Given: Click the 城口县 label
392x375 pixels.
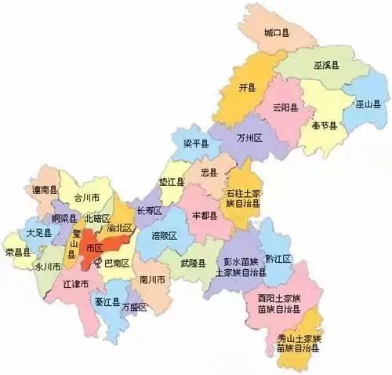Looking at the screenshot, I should [x=278, y=34].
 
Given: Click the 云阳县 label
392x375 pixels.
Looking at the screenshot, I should [x=286, y=107].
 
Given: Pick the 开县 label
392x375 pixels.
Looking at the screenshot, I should [x=248, y=87].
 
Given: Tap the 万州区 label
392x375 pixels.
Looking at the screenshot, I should [x=251, y=137].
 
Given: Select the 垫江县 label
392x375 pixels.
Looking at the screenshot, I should [x=171, y=182].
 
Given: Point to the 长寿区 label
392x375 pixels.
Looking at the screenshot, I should [x=149, y=211].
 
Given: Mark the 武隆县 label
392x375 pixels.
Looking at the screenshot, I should [x=192, y=263].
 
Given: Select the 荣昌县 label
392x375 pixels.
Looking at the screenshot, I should [x=18, y=252].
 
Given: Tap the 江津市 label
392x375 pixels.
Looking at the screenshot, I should [x=74, y=282].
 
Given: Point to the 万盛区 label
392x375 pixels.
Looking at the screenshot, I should [x=134, y=306].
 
